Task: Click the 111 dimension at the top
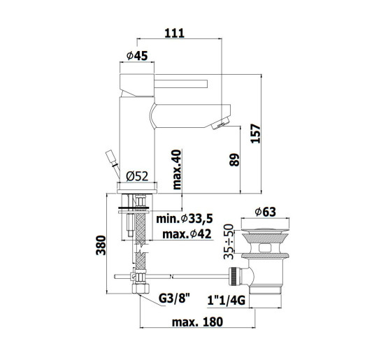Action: coord(175,33)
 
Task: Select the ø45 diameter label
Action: coord(137,56)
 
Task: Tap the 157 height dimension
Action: coord(256,134)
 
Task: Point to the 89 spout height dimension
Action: coord(235,160)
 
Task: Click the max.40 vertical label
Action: coord(177,170)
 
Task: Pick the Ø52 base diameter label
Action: coord(137,176)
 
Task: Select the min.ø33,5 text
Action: coord(185,219)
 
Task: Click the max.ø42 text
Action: coord(187,233)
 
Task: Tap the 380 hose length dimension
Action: coord(101,245)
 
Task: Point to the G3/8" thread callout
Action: coord(174,298)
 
